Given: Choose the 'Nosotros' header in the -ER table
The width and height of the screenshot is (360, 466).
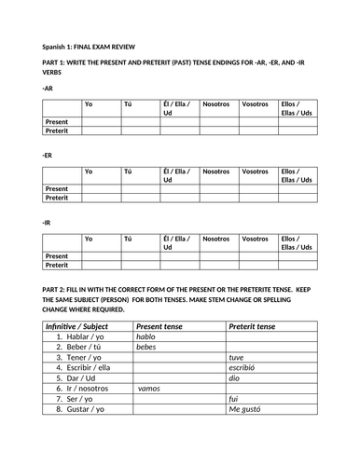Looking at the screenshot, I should pos(215,171).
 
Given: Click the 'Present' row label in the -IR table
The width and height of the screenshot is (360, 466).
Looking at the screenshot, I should pos(57,255).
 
